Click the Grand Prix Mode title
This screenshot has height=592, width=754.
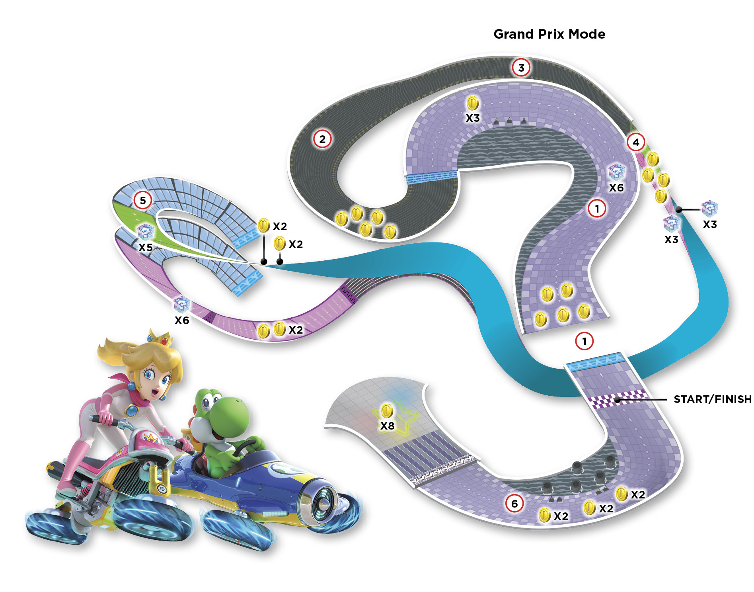(549, 34)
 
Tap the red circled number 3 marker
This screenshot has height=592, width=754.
(521, 68)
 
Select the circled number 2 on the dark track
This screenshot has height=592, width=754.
(322, 139)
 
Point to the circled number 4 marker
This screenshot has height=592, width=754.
(636, 142)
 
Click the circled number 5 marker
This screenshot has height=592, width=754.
(143, 200)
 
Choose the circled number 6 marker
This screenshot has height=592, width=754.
(514, 504)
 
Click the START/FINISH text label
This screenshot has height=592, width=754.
(713, 399)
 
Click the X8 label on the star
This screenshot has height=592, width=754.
(387, 426)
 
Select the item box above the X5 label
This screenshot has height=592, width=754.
(145, 232)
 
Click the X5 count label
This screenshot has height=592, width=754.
(146, 248)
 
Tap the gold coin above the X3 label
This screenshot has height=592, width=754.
(472, 104)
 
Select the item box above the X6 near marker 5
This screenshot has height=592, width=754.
(182, 305)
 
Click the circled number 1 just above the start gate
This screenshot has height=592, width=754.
(584, 341)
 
